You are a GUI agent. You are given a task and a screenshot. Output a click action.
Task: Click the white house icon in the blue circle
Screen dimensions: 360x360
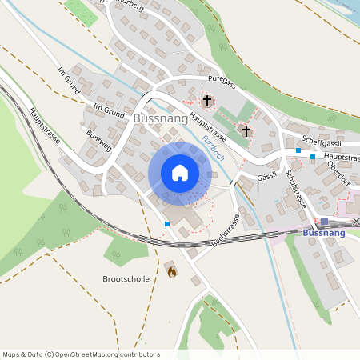tap(179, 173)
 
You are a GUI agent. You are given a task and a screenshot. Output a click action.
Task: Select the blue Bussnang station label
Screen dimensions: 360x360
tap(326, 233)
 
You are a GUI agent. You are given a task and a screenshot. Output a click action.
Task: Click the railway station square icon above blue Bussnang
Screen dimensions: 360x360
tap(325, 221)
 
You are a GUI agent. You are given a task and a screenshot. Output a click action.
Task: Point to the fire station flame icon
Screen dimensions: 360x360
tap(170, 271)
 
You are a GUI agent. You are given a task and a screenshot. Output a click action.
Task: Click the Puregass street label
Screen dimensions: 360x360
tap(222, 82)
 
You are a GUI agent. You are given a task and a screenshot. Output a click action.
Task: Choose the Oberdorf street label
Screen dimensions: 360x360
tap(341, 174)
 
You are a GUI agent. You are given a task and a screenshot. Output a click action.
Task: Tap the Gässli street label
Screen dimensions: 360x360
tap(266, 176)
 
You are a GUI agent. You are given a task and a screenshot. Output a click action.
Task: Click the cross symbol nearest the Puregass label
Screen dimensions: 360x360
tap(208, 101)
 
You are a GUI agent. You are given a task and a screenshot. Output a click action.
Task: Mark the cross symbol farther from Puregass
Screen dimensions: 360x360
tap(246, 130)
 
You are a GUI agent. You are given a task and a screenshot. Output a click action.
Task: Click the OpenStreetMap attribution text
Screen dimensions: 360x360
tap(81, 354)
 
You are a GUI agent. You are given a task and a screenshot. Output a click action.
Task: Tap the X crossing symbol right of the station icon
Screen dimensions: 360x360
tap(356, 221)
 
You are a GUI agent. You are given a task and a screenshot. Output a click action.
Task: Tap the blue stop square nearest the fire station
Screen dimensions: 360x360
tap(166, 224)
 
